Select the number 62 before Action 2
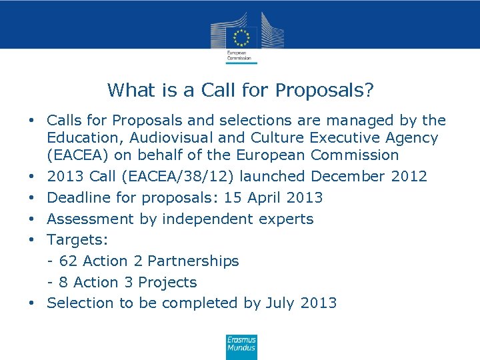(x=68, y=261)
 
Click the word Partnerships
(x=193, y=261)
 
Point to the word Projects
(x=172, y=282)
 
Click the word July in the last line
(x=280, y=303)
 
